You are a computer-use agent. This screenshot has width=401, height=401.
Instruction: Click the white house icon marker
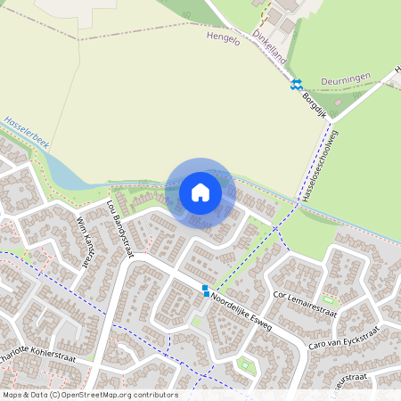click(x=200, y=192)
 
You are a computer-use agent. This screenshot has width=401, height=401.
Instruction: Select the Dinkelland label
click(x=269, y=38)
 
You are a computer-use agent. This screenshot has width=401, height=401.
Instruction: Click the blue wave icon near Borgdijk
click(x=296, y=85)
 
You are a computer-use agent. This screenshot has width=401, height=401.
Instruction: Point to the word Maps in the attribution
click(x=13, y=395)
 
